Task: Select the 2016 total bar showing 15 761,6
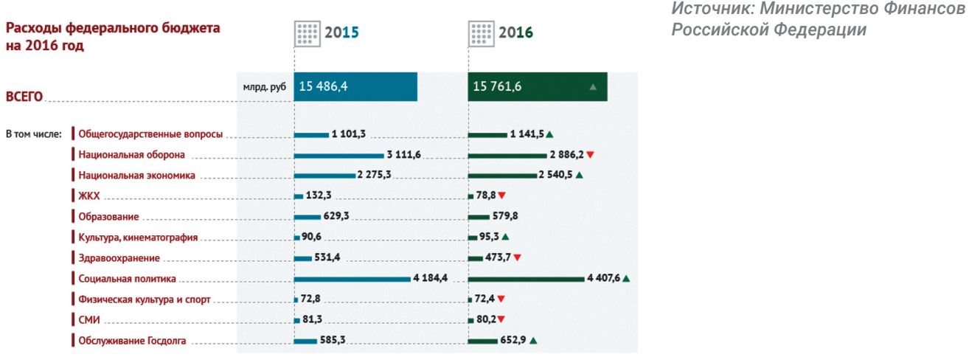[537, 87]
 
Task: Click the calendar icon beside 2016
[481, 32]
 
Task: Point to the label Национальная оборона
[131, 155]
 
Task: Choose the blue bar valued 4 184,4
[352, 279]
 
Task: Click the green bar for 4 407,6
[526, 279]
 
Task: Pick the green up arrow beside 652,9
[533, 341]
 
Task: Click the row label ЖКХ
[89, 196]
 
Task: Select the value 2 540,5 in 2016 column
[557, 176]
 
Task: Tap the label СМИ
[89, 320]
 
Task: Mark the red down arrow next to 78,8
[501, 196]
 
